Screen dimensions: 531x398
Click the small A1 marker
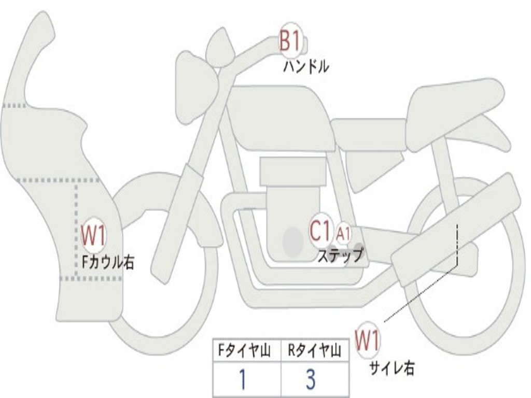point(343,234)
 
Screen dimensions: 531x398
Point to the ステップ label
point(340,255)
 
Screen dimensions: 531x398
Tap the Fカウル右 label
point(108,262)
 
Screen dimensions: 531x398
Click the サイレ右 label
point(392,368)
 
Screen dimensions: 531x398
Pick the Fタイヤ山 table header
point(246,351)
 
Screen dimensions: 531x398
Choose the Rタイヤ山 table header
point(315,351)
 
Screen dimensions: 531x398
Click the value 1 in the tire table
point(243,379)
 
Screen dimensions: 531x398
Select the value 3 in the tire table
point(311,379)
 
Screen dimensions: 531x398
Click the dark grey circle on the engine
point(293,241)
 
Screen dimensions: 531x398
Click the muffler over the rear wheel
point(456,231)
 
